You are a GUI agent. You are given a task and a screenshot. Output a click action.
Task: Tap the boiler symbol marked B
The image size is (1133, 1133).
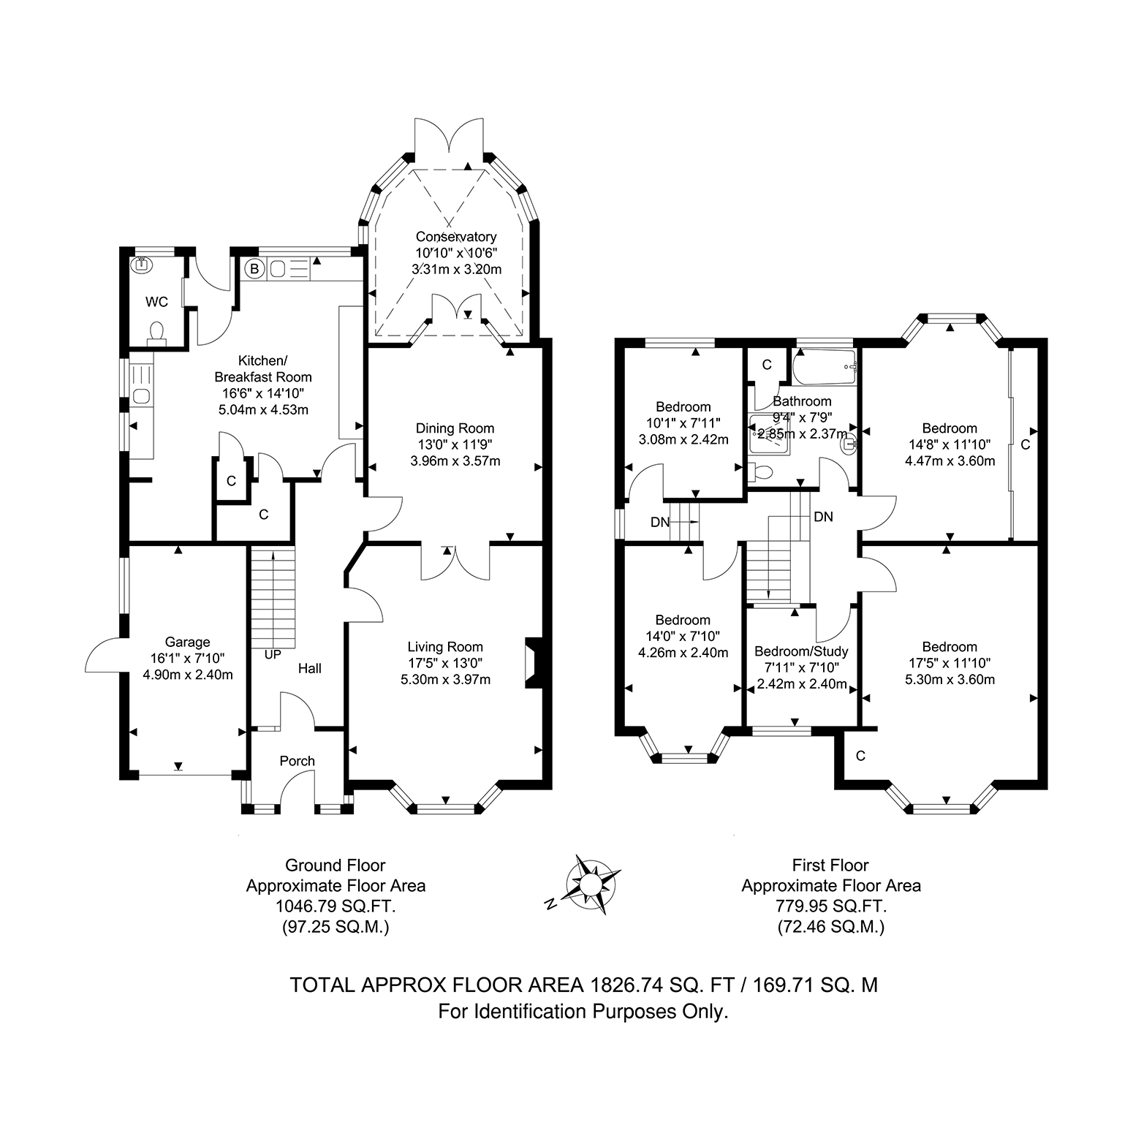pyautogui.click(x=254, y=269)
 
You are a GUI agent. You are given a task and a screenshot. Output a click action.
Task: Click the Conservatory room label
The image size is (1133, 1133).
pyautogui.click(x=456, y=236)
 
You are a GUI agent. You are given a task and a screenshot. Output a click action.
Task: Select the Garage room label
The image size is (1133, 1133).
pyautogui.click(x=188, y=642)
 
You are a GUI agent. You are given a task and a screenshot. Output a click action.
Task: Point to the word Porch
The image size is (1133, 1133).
pyautogui.click(x=298, y=761)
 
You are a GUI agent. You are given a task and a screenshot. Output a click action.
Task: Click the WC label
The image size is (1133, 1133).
pyautogui.click(x=156, y=302)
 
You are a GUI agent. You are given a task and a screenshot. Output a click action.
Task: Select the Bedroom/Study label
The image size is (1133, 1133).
pyautogui.click(x=801, y=651)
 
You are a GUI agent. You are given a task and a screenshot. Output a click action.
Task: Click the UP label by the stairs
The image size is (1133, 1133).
pyautogui.click(x=273, y=655)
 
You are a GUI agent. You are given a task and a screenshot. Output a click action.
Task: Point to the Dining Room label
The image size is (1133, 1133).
pyautogui.click(x=455, y=428)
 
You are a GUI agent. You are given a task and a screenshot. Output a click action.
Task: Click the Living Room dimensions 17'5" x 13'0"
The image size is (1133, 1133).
pyautogui.click(x=445, y=663)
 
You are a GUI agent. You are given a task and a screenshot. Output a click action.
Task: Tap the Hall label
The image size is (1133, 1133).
pyautogui.click(x=310, y=668)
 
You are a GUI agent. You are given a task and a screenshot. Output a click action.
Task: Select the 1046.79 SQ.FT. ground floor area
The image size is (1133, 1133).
pyautogui.click(x=336, y=906)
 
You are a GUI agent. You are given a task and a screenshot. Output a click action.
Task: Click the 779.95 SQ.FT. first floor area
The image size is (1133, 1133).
pyautogui.click(x=831, y=906)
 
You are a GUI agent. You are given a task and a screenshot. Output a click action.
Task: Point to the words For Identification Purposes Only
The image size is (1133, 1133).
pyautogui.click(x=583, y=1012)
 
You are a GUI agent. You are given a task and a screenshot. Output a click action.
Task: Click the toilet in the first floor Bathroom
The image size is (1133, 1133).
pyautogui.click(x=760, y=473)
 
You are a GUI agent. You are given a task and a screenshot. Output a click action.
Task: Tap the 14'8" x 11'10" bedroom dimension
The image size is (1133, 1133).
pyautogui.click(x=950, y=444)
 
